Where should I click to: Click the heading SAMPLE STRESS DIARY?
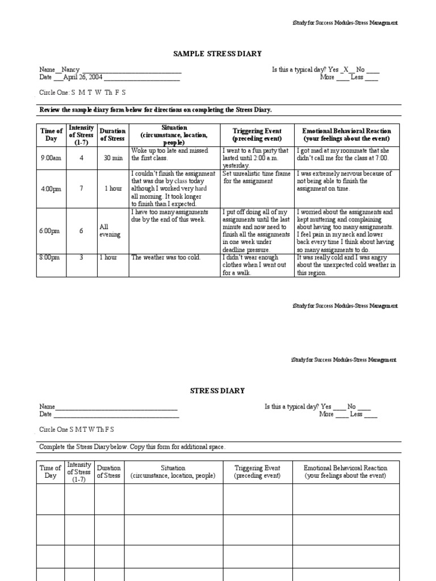[217, 54]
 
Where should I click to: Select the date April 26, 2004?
[81, 78]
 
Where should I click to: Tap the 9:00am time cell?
[51, 158]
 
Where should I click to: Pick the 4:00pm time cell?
[51, 188]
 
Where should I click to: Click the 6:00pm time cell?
[51, 231]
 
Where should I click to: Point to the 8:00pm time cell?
[51, 258]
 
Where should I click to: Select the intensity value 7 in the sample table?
[81, 188]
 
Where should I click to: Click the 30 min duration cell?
[112, 158]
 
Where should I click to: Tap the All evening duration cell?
[110, 231]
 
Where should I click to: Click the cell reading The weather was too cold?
[166, 258]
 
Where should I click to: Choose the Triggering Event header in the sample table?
[257, 134]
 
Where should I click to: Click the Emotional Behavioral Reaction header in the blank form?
[345, 472]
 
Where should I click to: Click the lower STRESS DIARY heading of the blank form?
[217, 390]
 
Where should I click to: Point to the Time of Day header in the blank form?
[51, 472]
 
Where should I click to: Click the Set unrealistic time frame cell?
[257, 178]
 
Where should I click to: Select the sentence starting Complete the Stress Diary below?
[132, 447]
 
